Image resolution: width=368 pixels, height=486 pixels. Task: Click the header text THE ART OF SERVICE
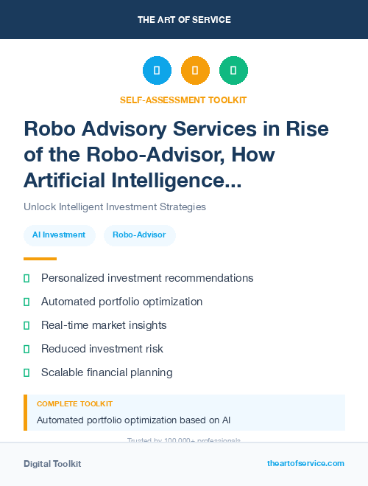click(x=184, y=20)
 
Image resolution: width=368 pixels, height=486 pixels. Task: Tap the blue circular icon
click(x=157, y=71)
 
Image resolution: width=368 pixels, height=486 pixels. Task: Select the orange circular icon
click(x=195, y=71)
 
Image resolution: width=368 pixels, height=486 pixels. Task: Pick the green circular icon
click(x=233, y=71)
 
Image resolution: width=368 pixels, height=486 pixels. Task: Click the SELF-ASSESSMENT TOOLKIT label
click(x=183, y=100)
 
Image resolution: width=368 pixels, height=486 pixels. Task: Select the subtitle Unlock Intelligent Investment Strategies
click(x=115, y=207)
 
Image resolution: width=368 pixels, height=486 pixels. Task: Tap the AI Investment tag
click(x=59, y=235)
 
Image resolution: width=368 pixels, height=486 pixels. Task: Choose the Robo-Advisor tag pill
click(x=139, y=235)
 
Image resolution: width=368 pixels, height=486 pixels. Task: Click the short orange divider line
click(x=40, y=259)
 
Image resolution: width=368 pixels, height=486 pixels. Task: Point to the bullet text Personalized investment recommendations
click(x=147, y=278)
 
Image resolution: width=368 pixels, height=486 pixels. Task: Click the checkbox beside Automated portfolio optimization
click(x=26, y=302)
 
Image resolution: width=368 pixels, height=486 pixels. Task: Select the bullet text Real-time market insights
click(x=104, y=325)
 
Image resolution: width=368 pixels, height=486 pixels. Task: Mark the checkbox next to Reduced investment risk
click(x=26, y=349)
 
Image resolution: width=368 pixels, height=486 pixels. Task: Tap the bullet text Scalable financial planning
click(x=107, y=372)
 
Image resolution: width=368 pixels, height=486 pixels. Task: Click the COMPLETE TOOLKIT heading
click(x=74, y=404)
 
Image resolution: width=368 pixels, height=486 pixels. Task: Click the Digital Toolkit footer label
click(x=52, y=464)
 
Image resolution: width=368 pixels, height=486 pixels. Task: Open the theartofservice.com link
click(x=305, y=463)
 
